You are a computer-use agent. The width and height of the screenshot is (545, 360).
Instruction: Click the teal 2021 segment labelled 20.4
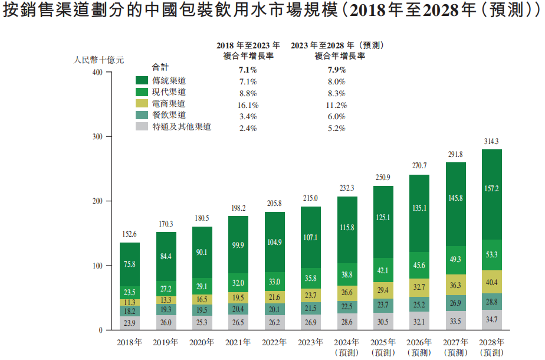(238, 308)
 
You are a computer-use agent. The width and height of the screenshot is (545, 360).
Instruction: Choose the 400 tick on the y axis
(97, 73)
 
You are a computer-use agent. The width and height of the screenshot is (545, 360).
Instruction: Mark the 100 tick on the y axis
(97, 266)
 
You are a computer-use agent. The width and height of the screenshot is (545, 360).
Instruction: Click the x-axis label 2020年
(202, 343)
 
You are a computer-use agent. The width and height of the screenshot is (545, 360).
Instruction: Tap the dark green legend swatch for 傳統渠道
(142, 80)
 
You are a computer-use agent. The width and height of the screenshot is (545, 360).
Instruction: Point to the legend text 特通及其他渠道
(182, 126)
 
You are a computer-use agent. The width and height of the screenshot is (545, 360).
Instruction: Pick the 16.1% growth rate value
(248, 104)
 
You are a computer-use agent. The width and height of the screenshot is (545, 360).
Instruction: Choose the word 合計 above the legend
(160, 67)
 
